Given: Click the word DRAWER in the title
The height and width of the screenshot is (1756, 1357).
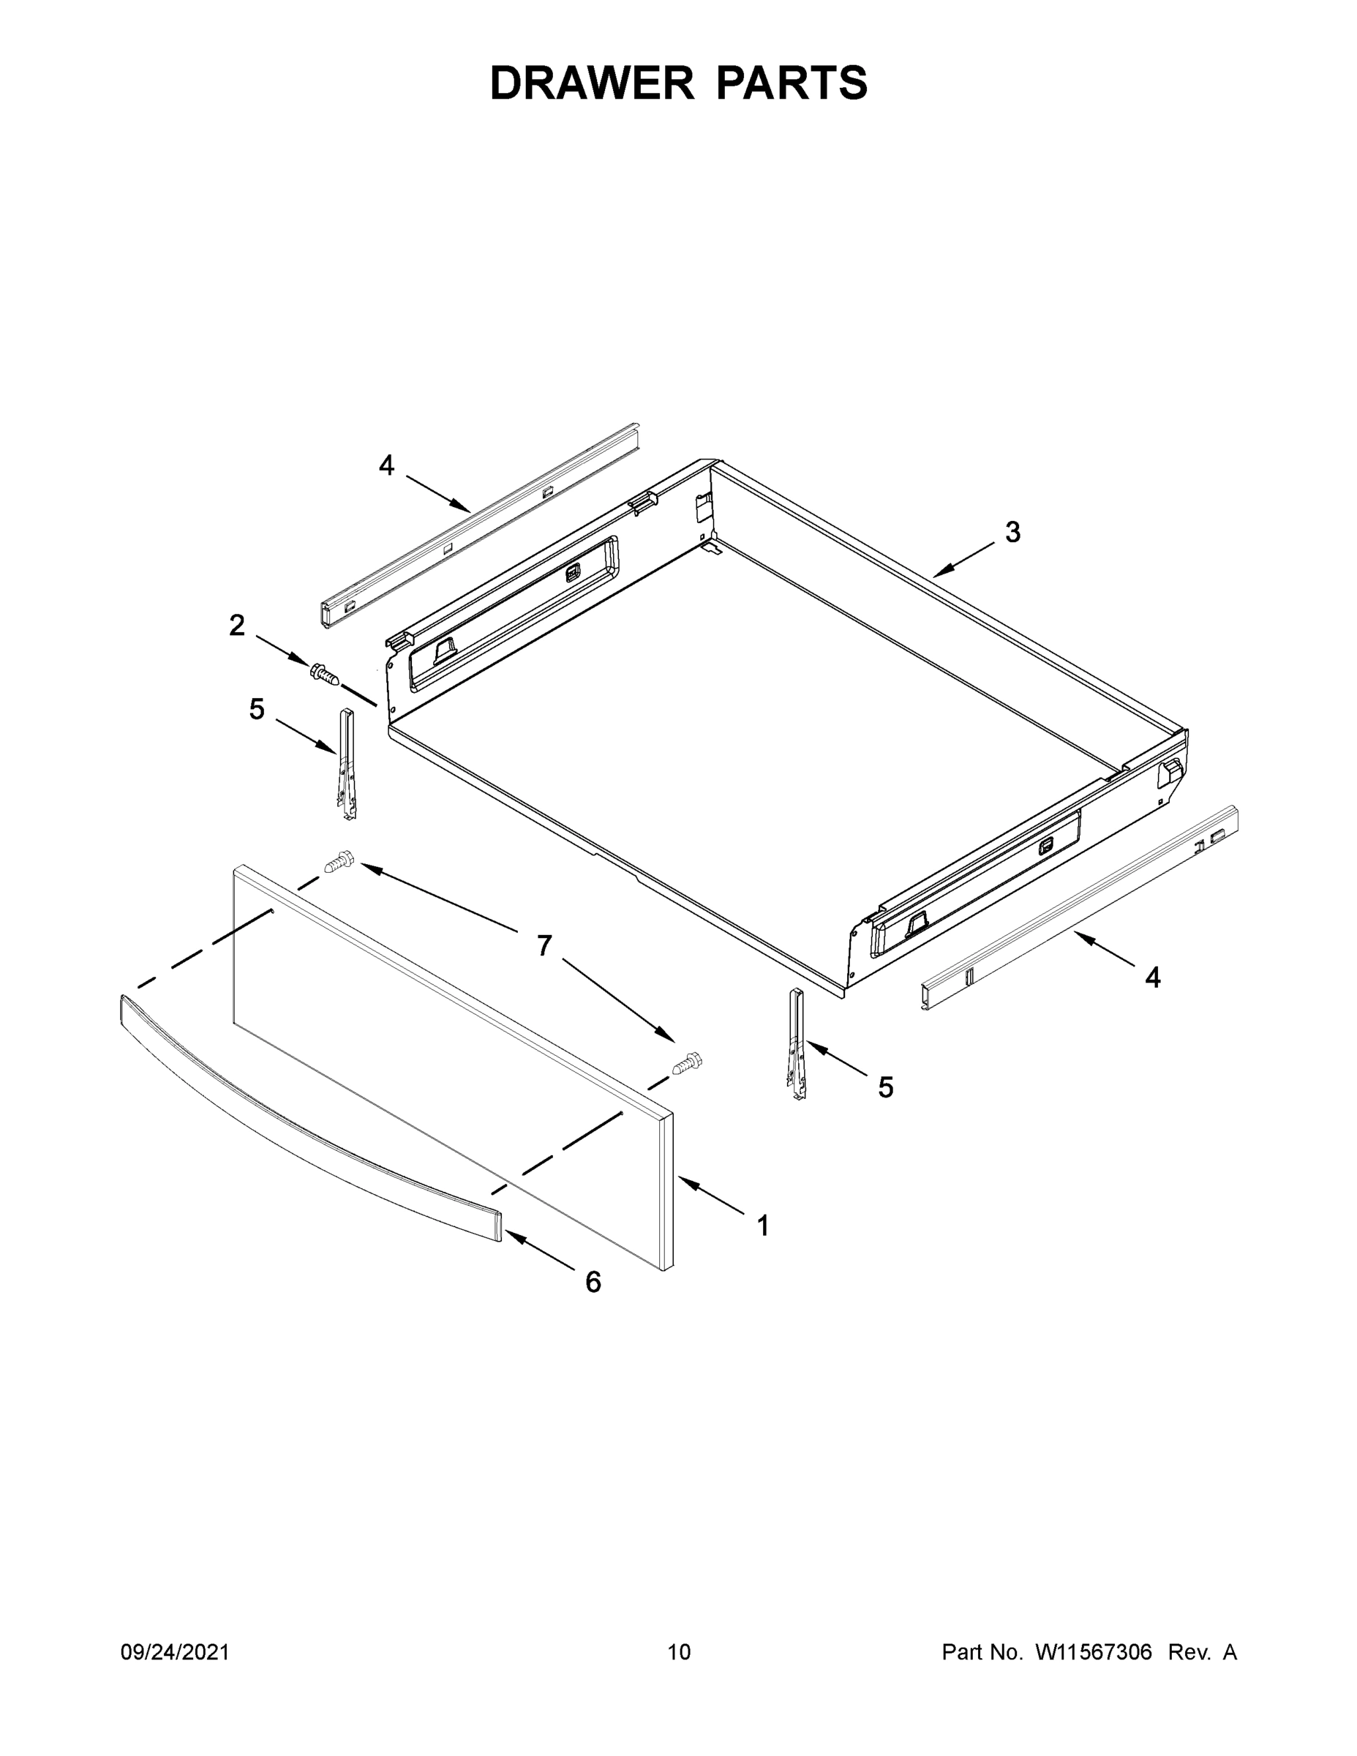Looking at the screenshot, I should point(592,83).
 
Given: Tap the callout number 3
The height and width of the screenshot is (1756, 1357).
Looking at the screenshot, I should point(1013,531).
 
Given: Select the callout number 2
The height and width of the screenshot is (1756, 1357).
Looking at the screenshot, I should point(236,625).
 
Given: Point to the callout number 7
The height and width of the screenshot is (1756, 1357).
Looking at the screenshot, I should point(544,946).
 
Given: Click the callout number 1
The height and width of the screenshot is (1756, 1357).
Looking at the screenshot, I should point(763,1226).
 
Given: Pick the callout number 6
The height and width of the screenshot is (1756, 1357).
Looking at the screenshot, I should point(593,1283).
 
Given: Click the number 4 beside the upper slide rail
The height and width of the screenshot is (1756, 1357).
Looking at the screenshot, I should point(387,465).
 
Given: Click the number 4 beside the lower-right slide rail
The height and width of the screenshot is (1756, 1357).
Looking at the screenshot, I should point(1153,978).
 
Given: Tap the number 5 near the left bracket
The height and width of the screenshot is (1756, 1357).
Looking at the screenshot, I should point(257,709).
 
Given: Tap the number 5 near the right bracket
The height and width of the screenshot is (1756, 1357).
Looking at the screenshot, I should point(885,1088).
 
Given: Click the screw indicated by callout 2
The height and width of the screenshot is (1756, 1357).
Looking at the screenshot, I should point(324,674).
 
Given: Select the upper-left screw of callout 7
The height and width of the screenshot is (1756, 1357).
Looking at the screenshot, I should point(339,863).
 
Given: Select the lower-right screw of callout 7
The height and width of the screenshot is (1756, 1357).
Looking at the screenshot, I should point(688,1065).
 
